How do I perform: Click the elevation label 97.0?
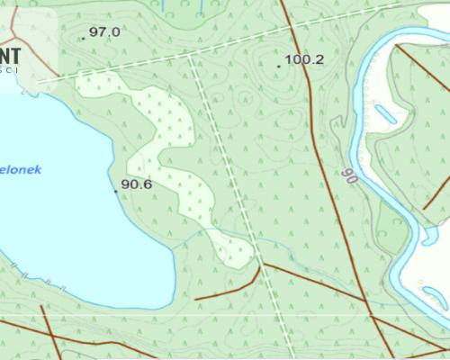point(104,31)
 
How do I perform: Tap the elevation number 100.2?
point(304,60)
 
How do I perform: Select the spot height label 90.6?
point(136,184)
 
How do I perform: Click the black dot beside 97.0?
point(82,39)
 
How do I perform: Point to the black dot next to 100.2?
point(278,66)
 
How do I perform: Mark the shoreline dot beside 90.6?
point(115,191)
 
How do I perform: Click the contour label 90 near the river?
point(349,175)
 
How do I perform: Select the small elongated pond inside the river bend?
point(385,114)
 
